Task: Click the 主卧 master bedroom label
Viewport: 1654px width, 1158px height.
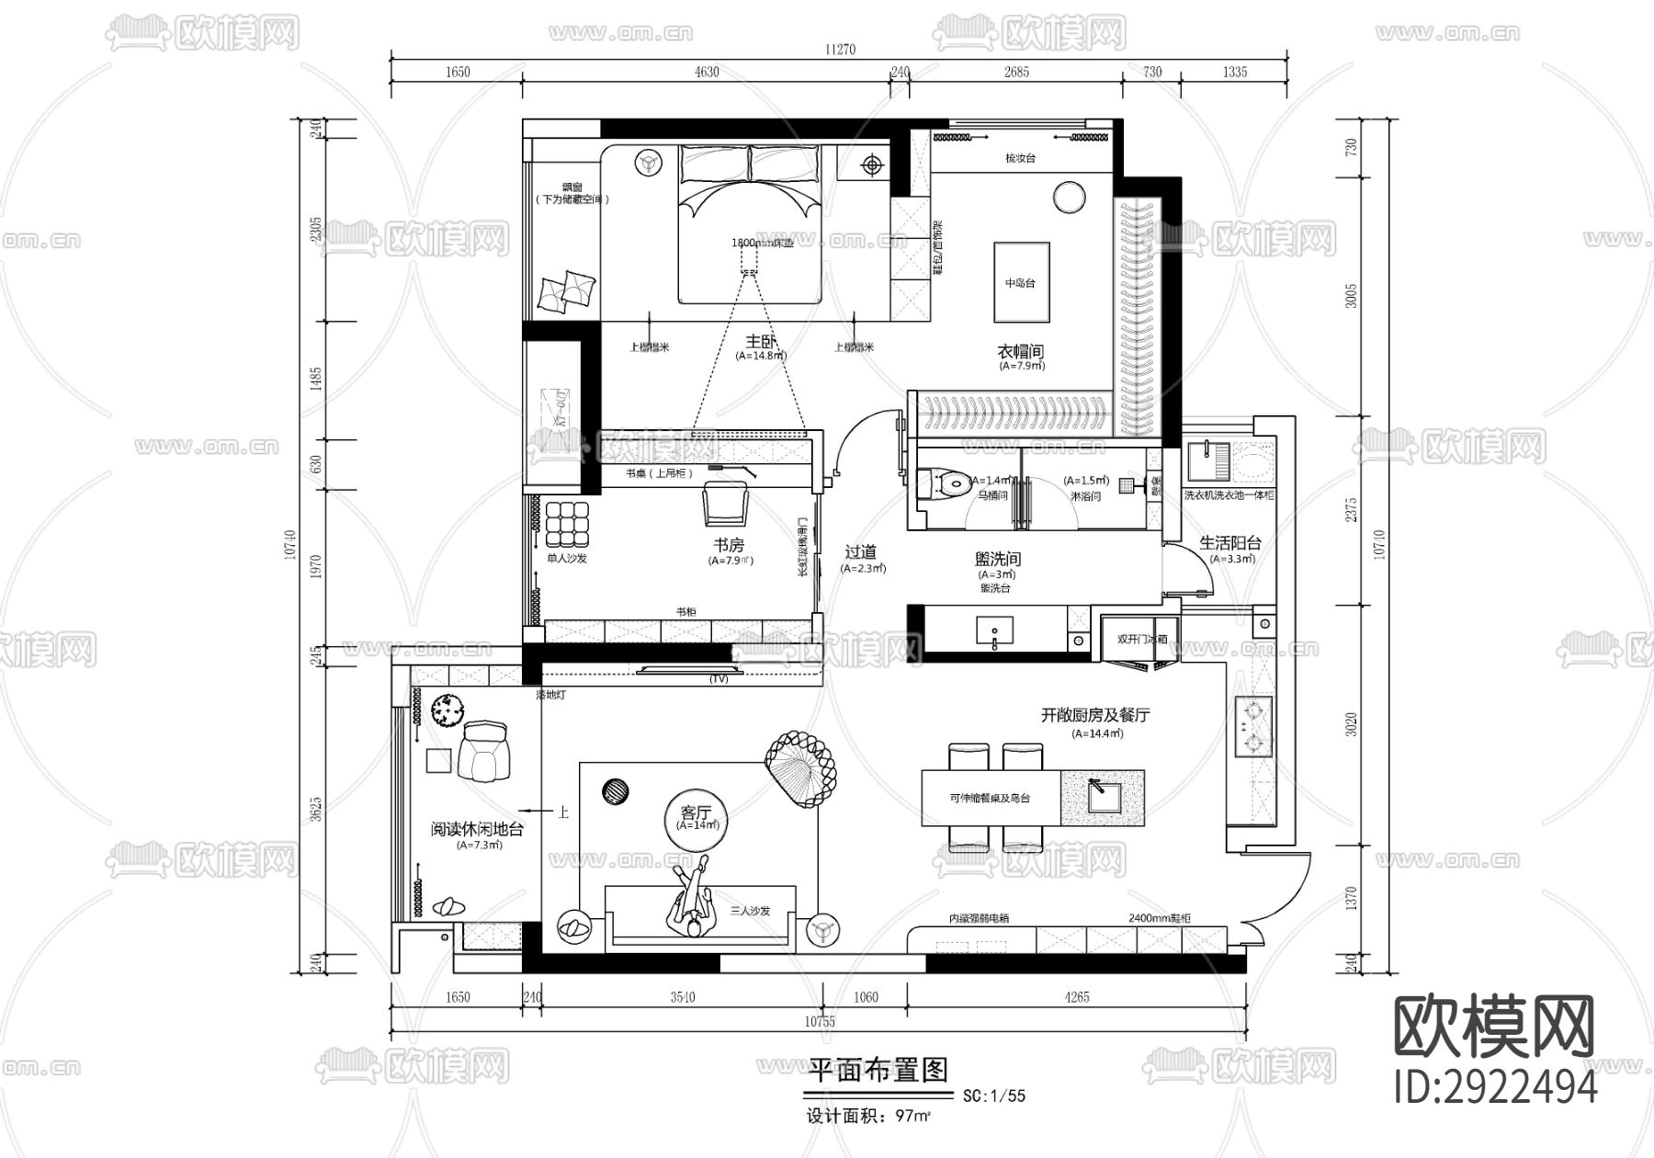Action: tap(761, 342)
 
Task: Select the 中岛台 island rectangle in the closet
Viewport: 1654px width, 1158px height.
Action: tap(1020, 282)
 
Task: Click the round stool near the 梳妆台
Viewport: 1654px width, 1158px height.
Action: tap(1069, 197)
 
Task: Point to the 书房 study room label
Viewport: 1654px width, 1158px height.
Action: tap(729, 545)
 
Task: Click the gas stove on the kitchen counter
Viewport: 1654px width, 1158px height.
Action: tap(1253, 725)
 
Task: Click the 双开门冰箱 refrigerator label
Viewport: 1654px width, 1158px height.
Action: tap(1142, 639)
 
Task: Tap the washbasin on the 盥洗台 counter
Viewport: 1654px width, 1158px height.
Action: tap(994, 631)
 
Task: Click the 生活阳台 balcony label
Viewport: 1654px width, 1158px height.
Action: tap(1230, 543)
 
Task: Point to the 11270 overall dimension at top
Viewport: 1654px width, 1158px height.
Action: tap(839, 50)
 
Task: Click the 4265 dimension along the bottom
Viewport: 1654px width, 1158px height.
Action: tap(1076, 997)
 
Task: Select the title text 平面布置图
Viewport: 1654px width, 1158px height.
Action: tap(877, 1070)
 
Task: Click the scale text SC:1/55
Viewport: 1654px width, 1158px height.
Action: tap(993, 1096)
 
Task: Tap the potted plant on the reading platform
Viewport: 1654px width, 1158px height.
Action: tap(449, 710)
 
